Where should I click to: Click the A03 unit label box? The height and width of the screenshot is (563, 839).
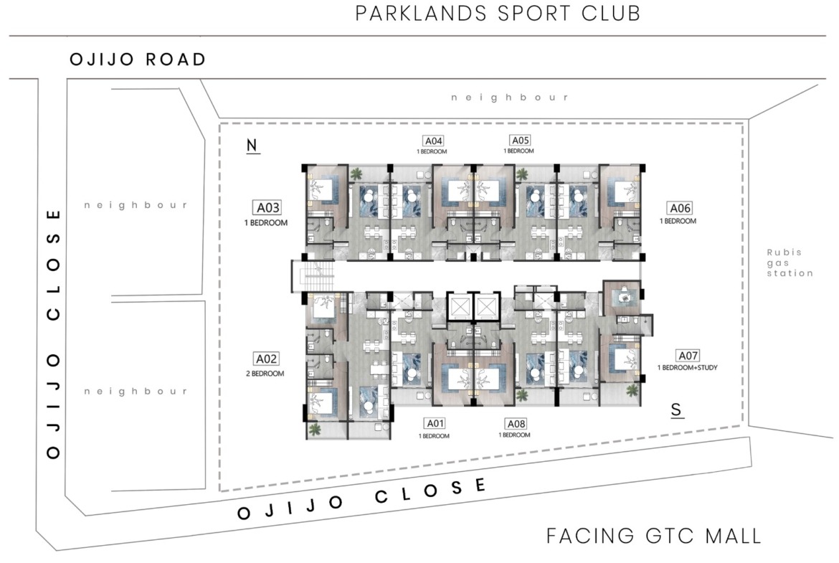267,208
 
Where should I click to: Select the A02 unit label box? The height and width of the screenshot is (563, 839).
266,359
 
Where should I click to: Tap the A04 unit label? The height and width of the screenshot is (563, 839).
433,141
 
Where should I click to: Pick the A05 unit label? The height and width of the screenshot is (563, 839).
520,141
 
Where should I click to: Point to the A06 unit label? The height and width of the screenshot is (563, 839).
680,208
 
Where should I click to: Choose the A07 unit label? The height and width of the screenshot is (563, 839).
688,355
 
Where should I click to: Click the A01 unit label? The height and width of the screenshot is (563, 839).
435,423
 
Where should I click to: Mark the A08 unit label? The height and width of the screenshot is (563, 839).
516,424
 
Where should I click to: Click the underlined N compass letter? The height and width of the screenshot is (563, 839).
252,146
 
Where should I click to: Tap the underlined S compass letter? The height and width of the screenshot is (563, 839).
677,410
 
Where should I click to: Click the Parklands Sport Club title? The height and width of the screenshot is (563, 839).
498,14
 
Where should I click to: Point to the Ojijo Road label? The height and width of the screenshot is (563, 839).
138,59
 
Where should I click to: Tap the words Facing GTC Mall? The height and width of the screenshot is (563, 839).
653,536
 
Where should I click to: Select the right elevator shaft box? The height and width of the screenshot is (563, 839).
486,308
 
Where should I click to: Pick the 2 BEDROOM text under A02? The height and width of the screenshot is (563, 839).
265,374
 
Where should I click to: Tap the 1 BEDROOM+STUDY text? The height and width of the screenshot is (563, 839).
688,368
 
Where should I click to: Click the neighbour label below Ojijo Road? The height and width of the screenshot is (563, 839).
509,98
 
